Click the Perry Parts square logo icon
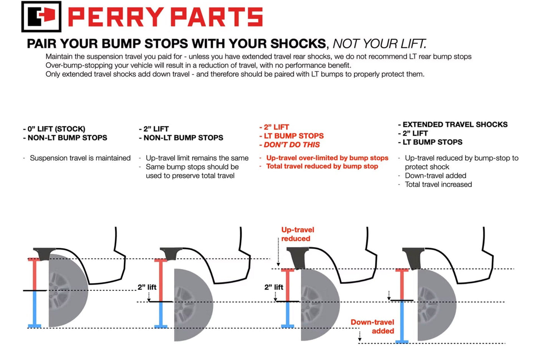(41, 17)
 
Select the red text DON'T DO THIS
(292, 145)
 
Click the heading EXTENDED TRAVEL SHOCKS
(455, 124)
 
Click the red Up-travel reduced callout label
(297, 234)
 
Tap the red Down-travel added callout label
(372, 327)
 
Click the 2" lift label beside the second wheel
(147, 287)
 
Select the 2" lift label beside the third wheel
(273, 287)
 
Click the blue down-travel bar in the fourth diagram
(402, 321)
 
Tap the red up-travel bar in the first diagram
(35, 274)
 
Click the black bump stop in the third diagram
(298, 257)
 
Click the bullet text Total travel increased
(438, 184)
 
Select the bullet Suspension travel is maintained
(80, 158)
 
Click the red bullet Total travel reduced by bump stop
(322, 166)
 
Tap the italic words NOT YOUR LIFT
(379, 43)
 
